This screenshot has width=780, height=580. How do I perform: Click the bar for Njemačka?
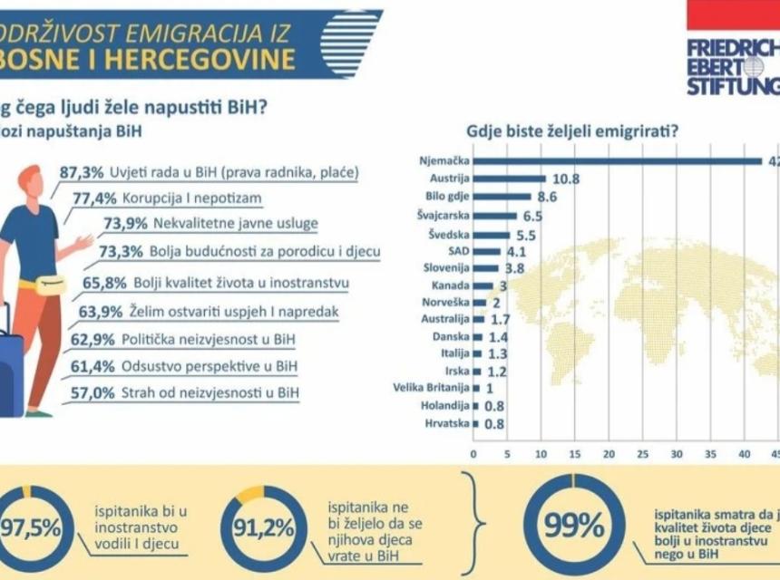click(617, 161)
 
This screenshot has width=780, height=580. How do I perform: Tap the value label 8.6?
click(546, 196)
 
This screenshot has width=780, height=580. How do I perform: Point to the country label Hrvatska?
click(447, 423)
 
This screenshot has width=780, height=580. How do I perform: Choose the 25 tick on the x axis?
click(642, 453)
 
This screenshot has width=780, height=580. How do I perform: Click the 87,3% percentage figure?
click(80, 171)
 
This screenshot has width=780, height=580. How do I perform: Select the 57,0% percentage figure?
click(92, 392)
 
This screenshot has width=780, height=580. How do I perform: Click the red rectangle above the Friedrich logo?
click(733, 14)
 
